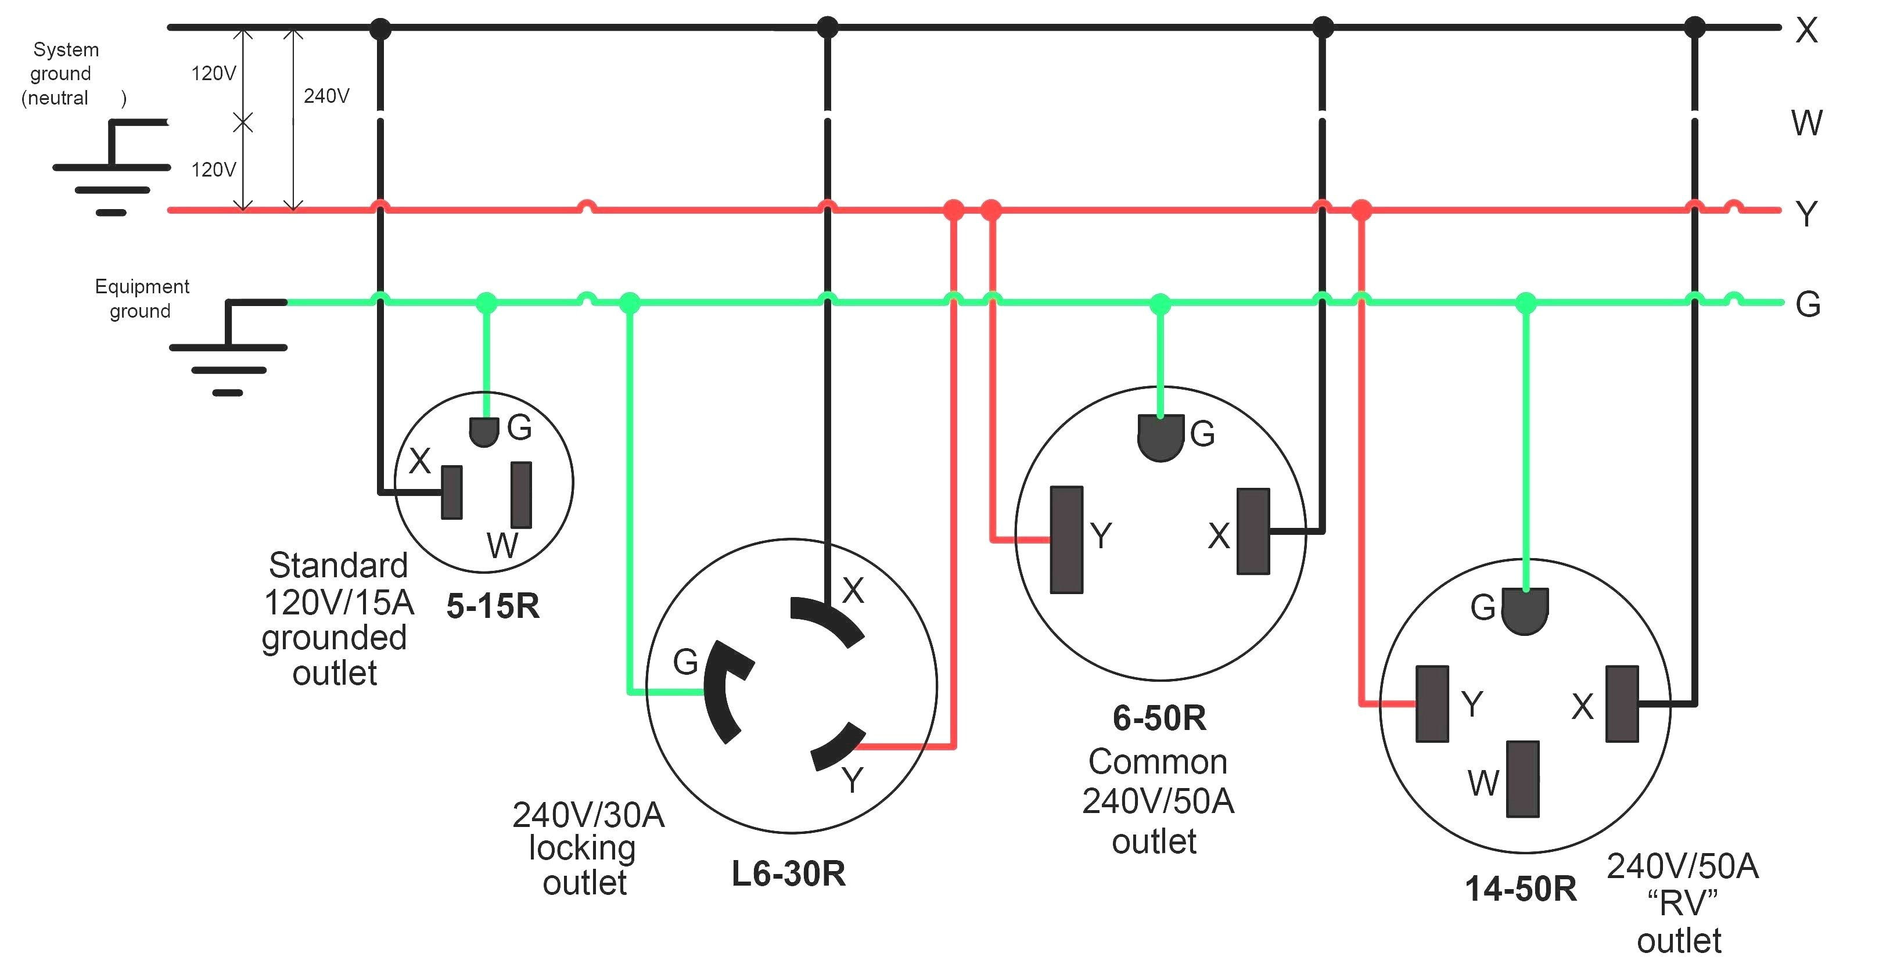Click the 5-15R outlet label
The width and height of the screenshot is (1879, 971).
pyautogui.click(x=493, y=606)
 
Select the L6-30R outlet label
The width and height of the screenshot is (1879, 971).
pyautogui.click(x=789, y=874)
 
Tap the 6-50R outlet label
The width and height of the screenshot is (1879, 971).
pyautogui.click(x=1159, y=718)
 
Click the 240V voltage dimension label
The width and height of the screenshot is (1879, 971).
pyautogui.click(x=326, y=96)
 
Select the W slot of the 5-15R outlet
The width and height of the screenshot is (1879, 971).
pyautogui.click(x=521, y=495)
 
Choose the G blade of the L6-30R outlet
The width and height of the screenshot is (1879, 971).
pyautogui.click(x=727, y=691)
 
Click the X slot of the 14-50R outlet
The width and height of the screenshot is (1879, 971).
pyautogui.click(x=1622, y=704)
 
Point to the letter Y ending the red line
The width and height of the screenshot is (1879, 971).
pyautogui.click(x=1807, y=214)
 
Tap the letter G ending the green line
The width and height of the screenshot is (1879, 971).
pyautogui.click(x=1808, y=304)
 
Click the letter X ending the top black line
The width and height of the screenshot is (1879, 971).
pyautogui.click(x=1807, y=31)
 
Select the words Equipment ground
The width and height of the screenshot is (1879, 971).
pyautogui.click(x=142, y=299)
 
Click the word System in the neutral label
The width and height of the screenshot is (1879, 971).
pyautogui.click(x=66, y=49)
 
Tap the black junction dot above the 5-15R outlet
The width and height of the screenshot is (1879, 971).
pyautogui.click(x=380, y=28)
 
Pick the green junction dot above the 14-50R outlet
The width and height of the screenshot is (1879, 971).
pyautogui.click(x=1525, y=302)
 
